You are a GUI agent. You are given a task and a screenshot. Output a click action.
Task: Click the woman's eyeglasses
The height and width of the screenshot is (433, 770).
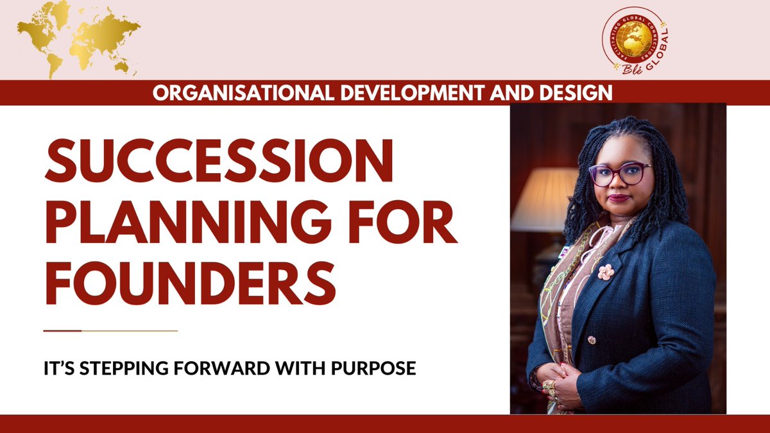[620, 174]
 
